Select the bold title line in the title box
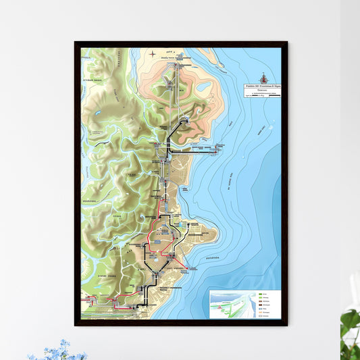click(263, 87)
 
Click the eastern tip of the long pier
click(222, 148)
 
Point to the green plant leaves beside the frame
click(350, 331)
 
